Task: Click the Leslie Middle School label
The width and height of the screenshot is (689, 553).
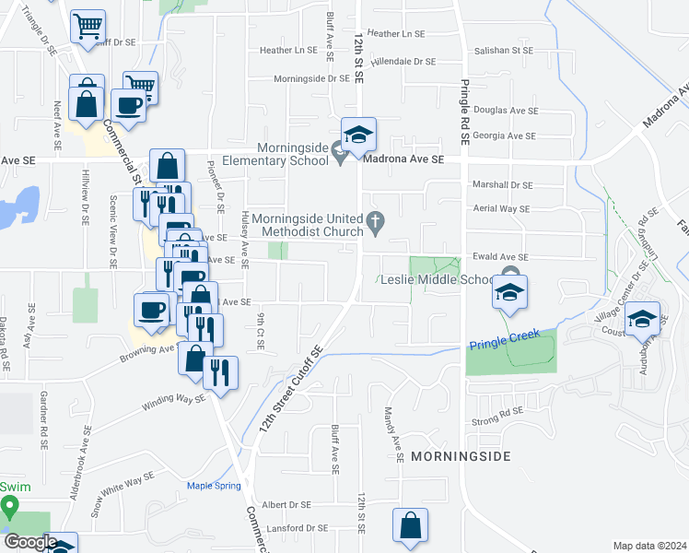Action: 436,280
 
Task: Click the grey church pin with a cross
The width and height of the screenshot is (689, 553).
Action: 374,221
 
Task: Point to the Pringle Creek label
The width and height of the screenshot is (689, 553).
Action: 496,346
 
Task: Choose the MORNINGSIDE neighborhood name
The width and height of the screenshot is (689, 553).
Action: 460,456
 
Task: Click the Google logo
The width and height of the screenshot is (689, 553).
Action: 30,542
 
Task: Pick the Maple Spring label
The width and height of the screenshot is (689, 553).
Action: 214,486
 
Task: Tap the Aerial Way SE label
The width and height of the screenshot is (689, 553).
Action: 499,209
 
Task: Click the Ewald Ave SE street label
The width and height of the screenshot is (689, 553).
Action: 497,257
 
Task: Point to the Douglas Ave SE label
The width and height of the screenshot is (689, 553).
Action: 510,111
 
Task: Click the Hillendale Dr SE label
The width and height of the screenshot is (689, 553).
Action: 403,62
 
